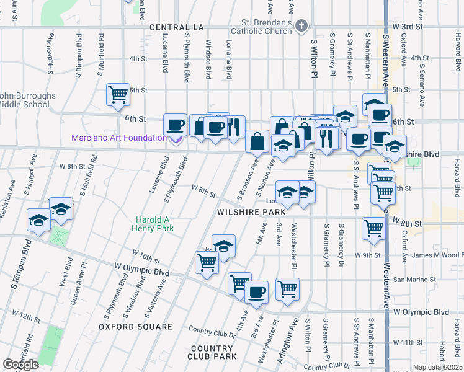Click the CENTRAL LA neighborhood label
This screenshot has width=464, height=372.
[x=176, y=27]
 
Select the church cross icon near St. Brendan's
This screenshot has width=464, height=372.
[x=301, y=26]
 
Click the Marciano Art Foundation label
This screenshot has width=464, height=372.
[x=118, y=137]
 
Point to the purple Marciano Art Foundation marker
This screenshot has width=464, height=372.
[x=177, y=138]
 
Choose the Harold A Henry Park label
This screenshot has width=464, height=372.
[x=155, y=224]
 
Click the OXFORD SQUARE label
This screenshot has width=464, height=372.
[x=136, y=327]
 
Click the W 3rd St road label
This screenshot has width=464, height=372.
[x=407, y=27]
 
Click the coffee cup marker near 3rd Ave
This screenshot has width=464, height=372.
[x=256, y=291]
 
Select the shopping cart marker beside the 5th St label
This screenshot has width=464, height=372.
[x=118, y=94]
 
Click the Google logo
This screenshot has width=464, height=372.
[x=21, y=365]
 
